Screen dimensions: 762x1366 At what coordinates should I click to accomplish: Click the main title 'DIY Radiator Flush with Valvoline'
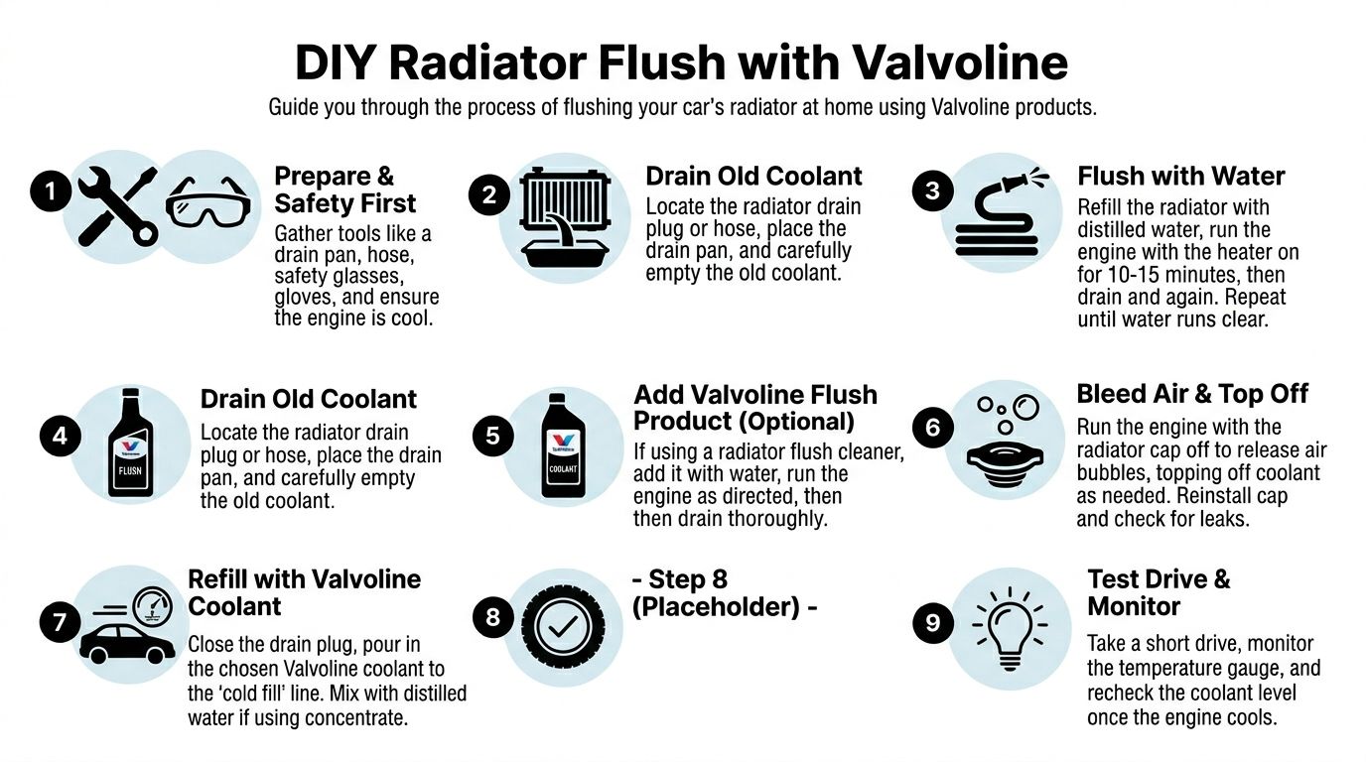[681, 63]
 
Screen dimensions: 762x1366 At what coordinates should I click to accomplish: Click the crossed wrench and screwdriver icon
[117, 205]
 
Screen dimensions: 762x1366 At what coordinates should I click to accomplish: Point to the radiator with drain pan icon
[563, 218]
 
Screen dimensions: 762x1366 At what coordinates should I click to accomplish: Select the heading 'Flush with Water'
[1180, 177]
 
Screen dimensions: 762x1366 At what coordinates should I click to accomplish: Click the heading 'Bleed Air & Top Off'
[1192, 394]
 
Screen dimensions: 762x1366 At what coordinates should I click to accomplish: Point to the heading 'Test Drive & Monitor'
[1159, 592]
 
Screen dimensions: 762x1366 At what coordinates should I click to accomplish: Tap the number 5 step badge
[492, 437]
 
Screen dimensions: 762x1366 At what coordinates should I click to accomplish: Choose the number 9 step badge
[932, 622]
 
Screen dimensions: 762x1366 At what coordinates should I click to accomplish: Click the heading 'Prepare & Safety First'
[344, 190]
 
